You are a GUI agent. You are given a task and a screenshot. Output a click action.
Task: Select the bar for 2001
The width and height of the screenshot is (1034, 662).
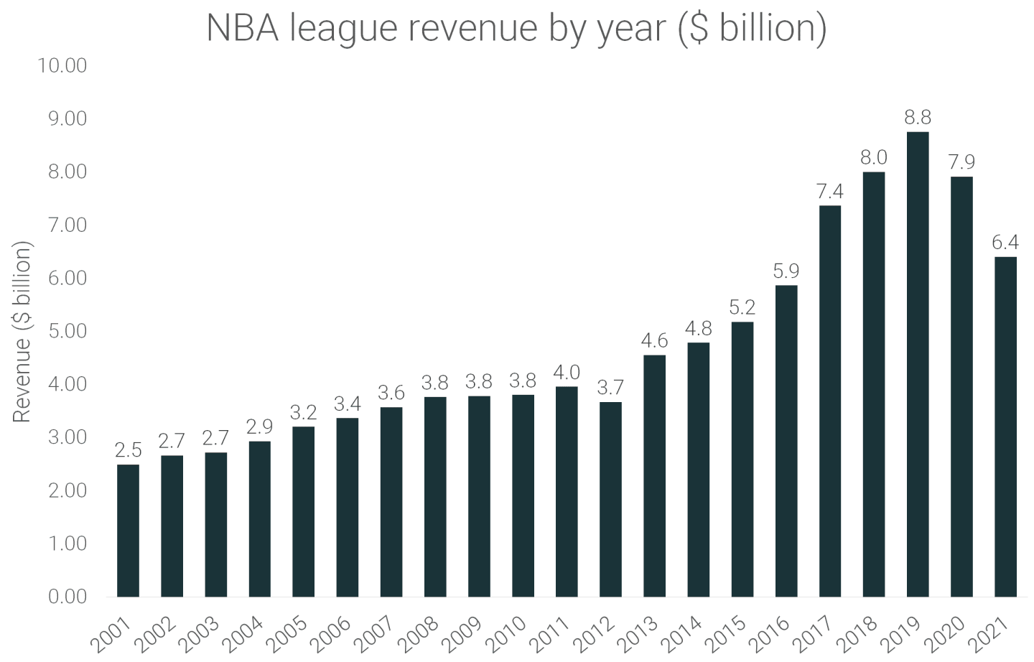click(128, 531)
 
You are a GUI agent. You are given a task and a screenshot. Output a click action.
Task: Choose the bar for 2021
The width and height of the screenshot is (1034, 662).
click(1005, 426)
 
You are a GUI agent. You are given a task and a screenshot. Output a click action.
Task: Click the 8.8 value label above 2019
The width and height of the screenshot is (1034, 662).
click(917, 117)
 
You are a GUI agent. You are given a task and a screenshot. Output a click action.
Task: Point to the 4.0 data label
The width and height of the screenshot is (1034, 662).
click(567, 372)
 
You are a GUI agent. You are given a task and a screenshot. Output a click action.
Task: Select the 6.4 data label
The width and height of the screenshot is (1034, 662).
click(1005, 243)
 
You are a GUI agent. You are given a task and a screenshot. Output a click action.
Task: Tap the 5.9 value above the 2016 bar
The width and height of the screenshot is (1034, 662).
click(786, 271)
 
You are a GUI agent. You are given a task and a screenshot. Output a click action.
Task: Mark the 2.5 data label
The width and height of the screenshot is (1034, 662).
click(128, 450)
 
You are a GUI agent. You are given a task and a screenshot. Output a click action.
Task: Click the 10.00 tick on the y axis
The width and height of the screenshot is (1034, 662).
click(62, 65)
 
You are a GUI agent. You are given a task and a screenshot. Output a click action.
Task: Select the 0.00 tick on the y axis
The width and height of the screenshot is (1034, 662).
click(66, 597)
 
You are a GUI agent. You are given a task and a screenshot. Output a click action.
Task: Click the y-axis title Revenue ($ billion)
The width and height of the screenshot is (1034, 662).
click(22, 331)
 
